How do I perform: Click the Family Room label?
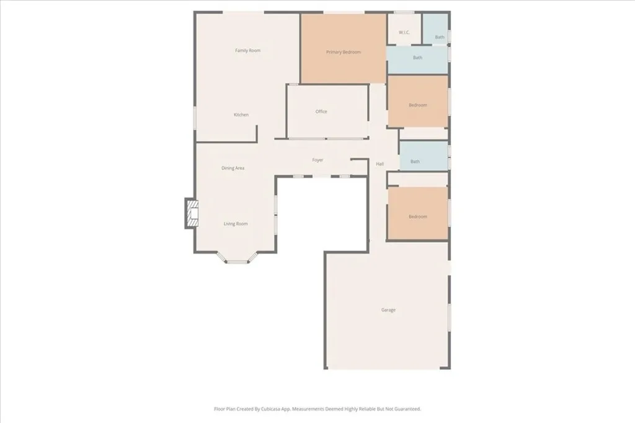(x=247, y=51)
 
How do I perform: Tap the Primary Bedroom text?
(x=344, y=53)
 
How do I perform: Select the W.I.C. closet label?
(x=404, y=33)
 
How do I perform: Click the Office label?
(x=321, y=112)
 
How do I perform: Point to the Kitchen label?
(x=241, y=115)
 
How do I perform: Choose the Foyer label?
(x=317, y=160)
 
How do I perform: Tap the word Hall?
(x=380, y=164)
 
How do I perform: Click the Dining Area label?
(x=233, y=168)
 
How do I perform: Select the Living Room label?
(x=236, y=224)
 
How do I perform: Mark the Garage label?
(x=388, y=310)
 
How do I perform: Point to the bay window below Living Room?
(x=236, y=261)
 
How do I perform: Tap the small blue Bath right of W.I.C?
(x=440, y=37)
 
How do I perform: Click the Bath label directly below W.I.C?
(x=418, y=58)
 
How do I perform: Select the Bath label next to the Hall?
(x=415, y=162)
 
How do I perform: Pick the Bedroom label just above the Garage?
(x=417, y=217)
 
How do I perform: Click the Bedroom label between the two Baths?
(x=417, y=105)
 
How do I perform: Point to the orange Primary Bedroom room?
(x=344, y=68)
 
